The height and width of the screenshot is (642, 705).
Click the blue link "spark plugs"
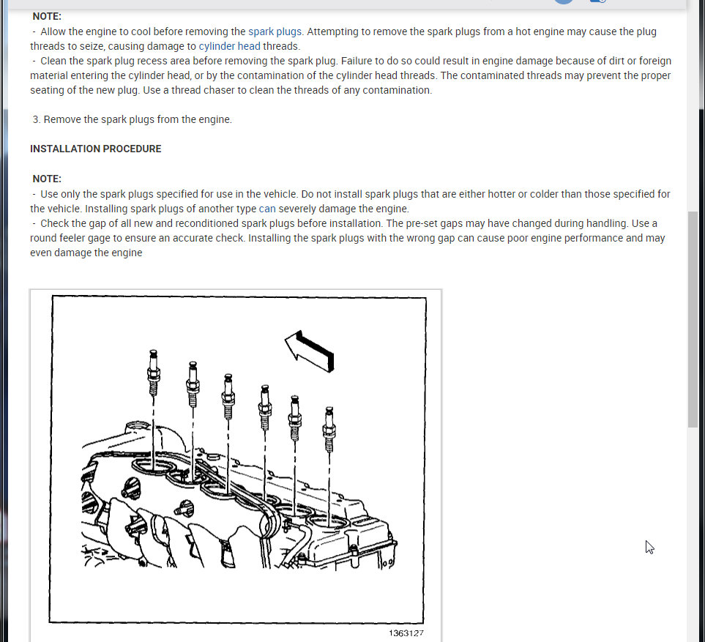tap(275, 31)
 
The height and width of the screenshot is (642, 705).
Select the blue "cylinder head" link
tap(229, 46)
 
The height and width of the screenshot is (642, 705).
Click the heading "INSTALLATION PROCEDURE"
tap(95, 149)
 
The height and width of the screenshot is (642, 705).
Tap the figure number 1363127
tap(406, 633)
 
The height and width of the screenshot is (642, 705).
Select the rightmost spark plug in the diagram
tap(329, 428)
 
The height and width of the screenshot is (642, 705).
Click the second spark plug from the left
tap(193, 384)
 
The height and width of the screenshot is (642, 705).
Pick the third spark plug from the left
tap(228, 396)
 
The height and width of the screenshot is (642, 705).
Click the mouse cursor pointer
tap(649, 546)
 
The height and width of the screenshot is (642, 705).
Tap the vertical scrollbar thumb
tap(693, 319)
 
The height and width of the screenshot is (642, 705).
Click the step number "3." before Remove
tap(37, 119)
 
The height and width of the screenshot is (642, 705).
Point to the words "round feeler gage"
tap(72, 238)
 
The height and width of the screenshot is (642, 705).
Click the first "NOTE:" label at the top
tap(47, 16)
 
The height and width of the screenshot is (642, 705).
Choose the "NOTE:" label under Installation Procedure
tap(47, 179)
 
